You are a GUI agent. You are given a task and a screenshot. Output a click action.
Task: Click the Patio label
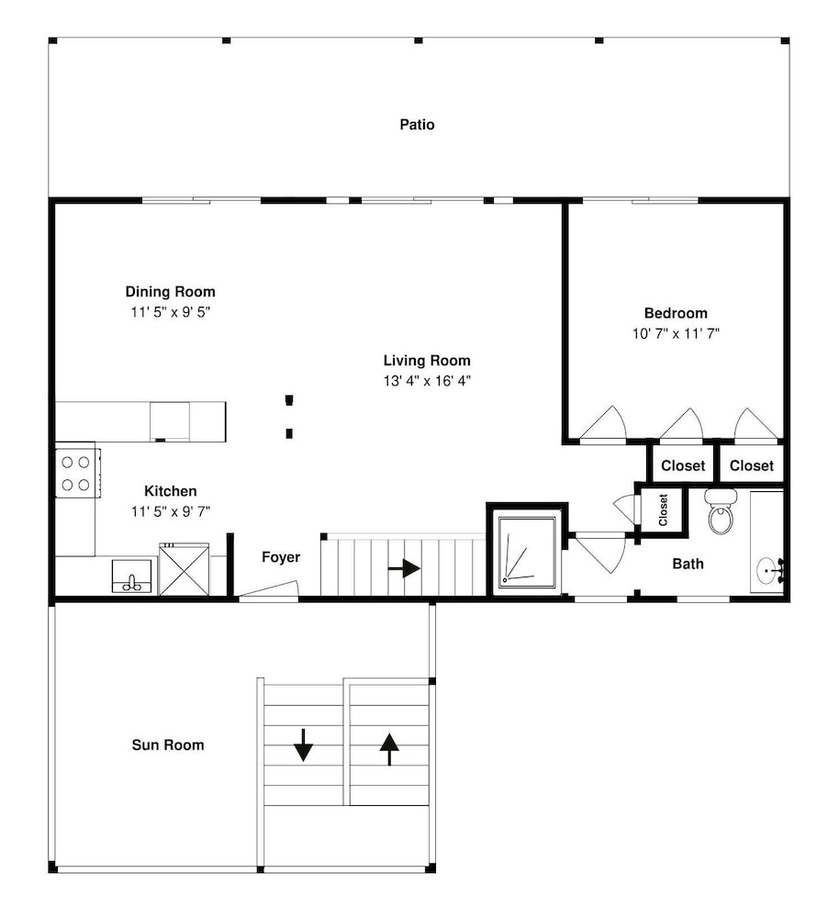(417, 125)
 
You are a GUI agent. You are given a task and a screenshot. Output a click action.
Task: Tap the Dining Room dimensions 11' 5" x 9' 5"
(171, 312)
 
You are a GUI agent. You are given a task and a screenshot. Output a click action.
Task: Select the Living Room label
(427, 361)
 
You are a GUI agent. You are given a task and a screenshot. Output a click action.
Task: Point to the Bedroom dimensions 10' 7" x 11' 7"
(676, 334)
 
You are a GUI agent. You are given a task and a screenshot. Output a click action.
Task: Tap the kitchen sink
(132, 577)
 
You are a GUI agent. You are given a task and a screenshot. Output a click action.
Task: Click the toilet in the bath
(720, 512)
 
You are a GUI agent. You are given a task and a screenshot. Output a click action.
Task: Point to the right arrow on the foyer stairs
(404, 568)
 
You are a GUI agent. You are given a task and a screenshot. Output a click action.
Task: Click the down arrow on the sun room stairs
(303, 744)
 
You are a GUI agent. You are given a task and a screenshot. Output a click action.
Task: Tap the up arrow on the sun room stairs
(389, 749)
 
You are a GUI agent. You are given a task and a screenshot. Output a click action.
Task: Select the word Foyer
(281, 557)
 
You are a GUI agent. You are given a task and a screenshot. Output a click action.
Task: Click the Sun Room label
(168, 745)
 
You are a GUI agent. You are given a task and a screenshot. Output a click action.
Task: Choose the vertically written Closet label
(663, 509)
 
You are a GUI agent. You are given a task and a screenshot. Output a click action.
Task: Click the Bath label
(688, 564)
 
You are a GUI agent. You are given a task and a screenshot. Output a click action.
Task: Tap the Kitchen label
(171, 491)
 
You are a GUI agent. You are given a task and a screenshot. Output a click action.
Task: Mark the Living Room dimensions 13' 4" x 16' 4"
(427, 381)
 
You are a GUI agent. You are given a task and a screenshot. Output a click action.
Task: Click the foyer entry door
(269, 590)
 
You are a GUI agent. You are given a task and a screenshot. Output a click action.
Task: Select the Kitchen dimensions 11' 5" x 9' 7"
(171, 511)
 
